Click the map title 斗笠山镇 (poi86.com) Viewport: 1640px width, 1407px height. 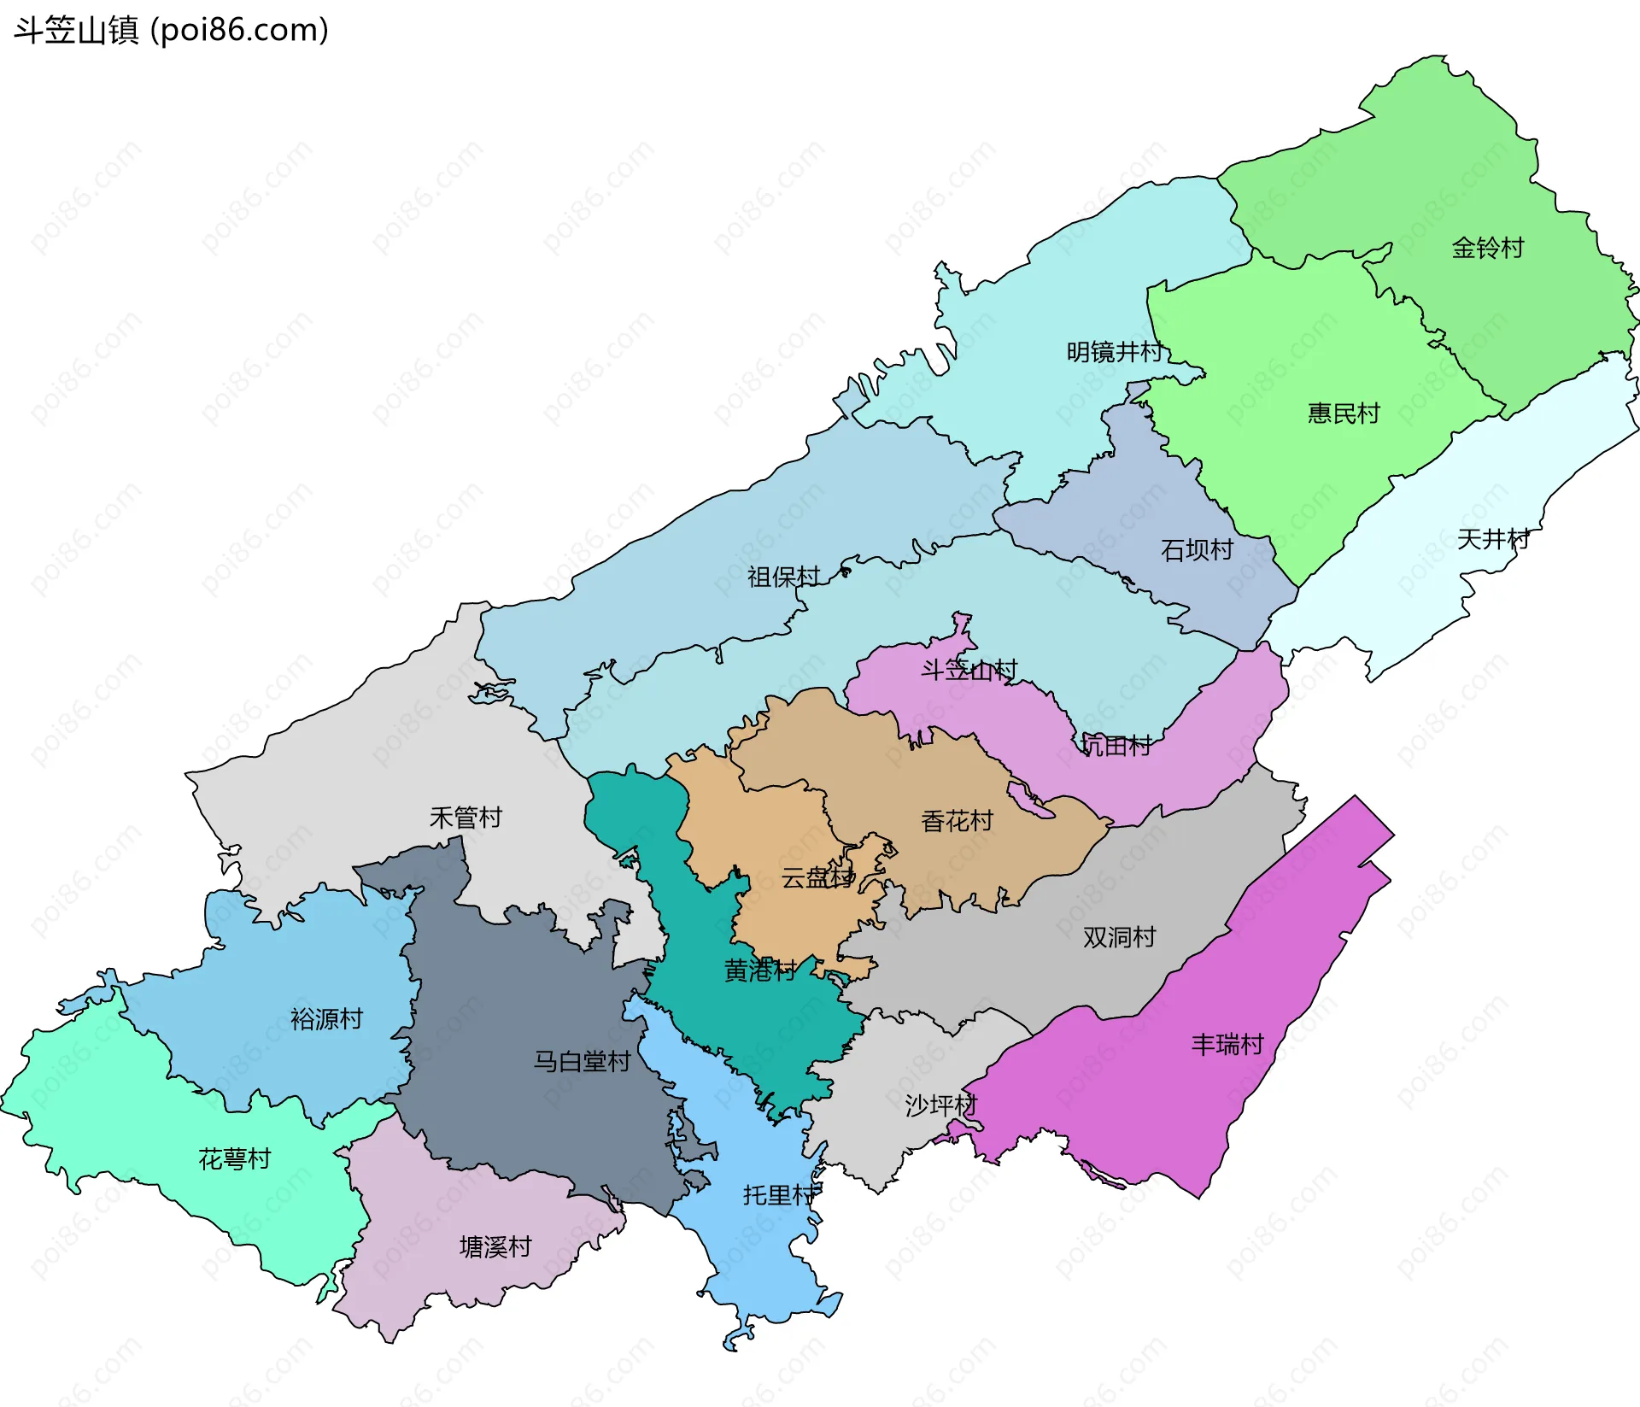click(x=171, y=31)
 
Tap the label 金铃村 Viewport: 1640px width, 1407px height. click(x=1488, y=249)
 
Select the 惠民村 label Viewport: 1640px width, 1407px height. click(x=1344, y=413)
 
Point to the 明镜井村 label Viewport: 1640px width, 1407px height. click(x=1114, y=352)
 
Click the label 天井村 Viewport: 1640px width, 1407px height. click(x=1492, y=539)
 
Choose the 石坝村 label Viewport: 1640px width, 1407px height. click(x=1197, y=550)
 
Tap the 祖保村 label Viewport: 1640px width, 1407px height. click(x=783, y=577)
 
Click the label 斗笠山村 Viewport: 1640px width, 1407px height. click(x=969, y=670)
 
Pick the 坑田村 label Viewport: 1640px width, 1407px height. click(x=1116, y=746)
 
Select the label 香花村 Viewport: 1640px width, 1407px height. click(x=957, y=822)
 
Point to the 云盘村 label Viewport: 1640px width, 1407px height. click(x=817, y=877)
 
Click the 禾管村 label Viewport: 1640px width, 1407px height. click(x=466, y=818)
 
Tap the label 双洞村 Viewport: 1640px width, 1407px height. click(x=1119, y=937)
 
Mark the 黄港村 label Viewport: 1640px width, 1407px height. click(x=760, y=970)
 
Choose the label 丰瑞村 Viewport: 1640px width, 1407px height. click(x=1227, y=1045)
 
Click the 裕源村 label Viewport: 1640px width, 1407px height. click(x=326, y=1019)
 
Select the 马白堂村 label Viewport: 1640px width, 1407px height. click(x=582, y=1062)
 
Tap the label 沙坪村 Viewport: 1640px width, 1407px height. click(x=940, y=1105)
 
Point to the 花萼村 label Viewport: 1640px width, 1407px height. click(x=235, y=1159)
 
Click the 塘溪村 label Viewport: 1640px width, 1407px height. click(x=495, y=1247)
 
